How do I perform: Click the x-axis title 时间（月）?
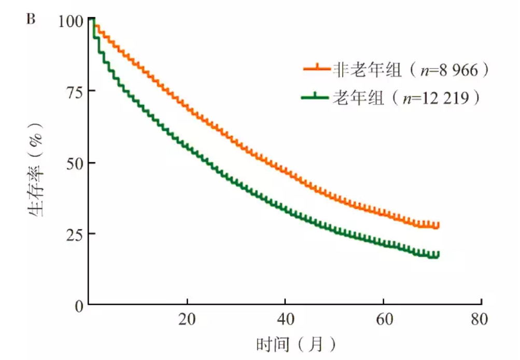click(296, 344)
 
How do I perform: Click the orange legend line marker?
click(315, 68)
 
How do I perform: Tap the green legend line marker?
click(315, 96)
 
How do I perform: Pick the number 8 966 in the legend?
click(455, 70)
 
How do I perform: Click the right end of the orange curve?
click(438, 225)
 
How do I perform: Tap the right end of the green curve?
click(438, 254)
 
